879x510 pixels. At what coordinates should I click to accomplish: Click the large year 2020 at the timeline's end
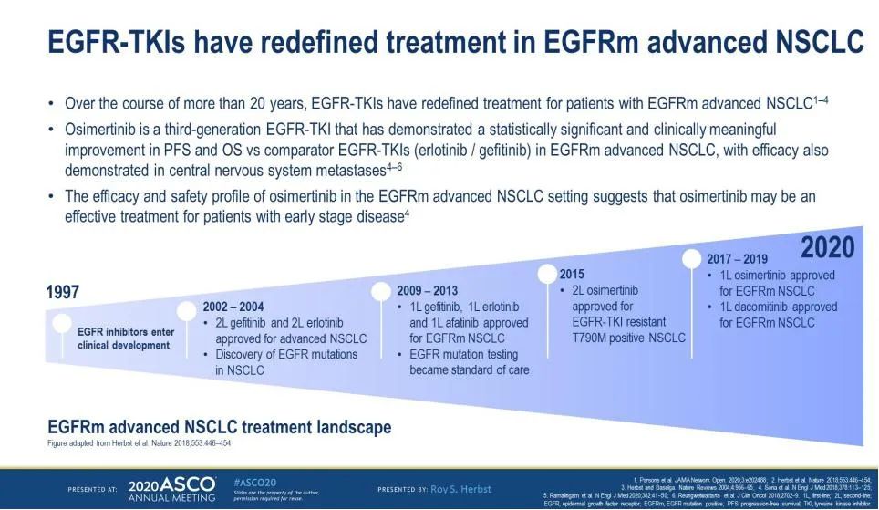tap(827, 247)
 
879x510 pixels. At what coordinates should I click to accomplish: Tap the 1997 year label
tap(63, 293)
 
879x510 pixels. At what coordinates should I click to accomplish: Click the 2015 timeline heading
tap(574, 274)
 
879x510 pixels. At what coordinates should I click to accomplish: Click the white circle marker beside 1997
tap(62, 323)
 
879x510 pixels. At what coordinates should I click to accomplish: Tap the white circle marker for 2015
tap(547, 273)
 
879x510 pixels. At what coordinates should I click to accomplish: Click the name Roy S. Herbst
tap(463, 487)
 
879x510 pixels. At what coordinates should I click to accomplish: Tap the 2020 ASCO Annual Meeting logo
tap(171, 488)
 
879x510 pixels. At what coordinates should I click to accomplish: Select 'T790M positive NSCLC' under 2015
tap(627, 338)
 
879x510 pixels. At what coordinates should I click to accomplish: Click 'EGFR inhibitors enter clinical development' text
tap(126, 338)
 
